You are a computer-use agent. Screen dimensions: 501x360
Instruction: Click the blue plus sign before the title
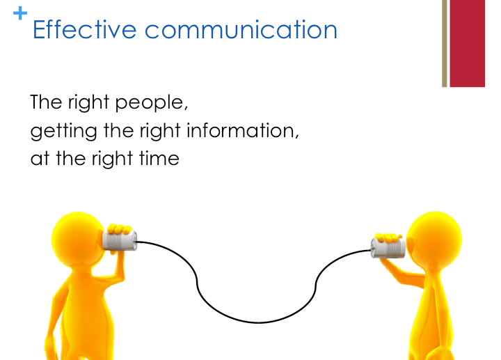[20, 13]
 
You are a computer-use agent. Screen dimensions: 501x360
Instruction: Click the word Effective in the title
[85, 30]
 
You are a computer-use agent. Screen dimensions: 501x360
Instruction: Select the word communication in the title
[241, 30]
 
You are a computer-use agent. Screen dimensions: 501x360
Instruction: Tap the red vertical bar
[467, 43]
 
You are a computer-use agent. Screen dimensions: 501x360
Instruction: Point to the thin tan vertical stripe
[445, 43]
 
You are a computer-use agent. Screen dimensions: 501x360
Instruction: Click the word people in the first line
[152, 103]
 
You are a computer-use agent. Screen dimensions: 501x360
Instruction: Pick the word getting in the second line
[63, 132]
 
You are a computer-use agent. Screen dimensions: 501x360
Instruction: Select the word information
[243, 131]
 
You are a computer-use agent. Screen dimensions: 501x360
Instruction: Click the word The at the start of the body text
[46, 102]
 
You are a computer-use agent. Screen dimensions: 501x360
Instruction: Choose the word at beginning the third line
[40, 159]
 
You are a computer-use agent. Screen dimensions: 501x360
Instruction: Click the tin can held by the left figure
[120, 240]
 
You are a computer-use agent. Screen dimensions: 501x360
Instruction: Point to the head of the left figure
[78, 239]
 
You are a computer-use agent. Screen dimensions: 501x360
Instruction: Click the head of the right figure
[434, 239]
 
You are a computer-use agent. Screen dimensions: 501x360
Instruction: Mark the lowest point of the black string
[258, 322]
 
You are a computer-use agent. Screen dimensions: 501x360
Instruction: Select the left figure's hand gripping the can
[120, 229]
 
